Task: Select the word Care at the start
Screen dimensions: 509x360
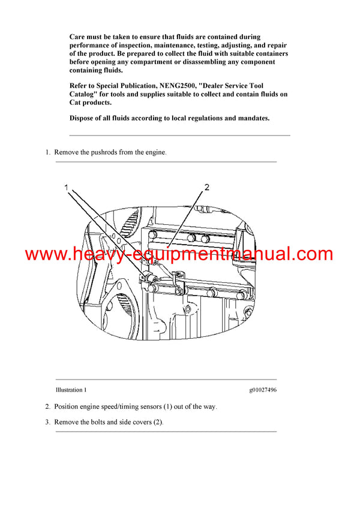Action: coord(78,37)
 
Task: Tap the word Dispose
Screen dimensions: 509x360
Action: coord(83,118)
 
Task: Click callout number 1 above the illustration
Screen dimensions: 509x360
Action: coord(67,188)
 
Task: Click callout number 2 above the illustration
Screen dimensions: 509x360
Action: coord(207,188)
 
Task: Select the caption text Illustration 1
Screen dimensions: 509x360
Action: coord(71,390)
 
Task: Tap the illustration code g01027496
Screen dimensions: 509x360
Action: coord(263,390)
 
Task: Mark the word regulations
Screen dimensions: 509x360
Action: coord(210,118)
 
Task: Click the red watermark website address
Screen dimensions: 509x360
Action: coord(179,254)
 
